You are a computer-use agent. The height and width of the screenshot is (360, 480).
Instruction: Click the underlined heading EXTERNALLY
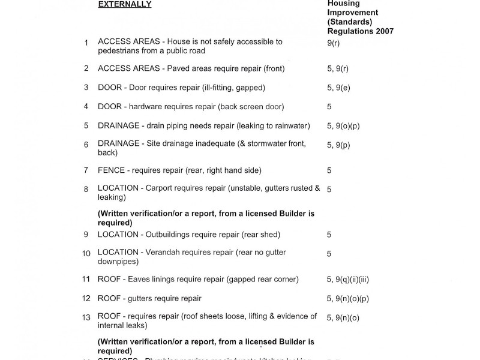click(x=125, y=5)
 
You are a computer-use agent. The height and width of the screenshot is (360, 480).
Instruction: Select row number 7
click(x=86, y=171)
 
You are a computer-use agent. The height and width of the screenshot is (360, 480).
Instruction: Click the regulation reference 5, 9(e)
click(x=338, y=88)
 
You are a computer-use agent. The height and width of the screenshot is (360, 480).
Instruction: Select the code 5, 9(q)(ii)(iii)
click(x=352, y=279)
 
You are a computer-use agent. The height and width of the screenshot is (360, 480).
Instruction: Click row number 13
click(x=86, y=317)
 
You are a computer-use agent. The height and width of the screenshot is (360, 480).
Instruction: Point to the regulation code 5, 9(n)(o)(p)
click(x=348, y=298)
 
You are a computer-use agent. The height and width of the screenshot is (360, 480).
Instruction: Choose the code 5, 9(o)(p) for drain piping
click(x=343, y=126)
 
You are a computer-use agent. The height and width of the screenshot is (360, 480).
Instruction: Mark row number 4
click(x=86, y=107)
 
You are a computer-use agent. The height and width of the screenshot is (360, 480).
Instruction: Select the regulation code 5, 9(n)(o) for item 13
click(x=343, y=317)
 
